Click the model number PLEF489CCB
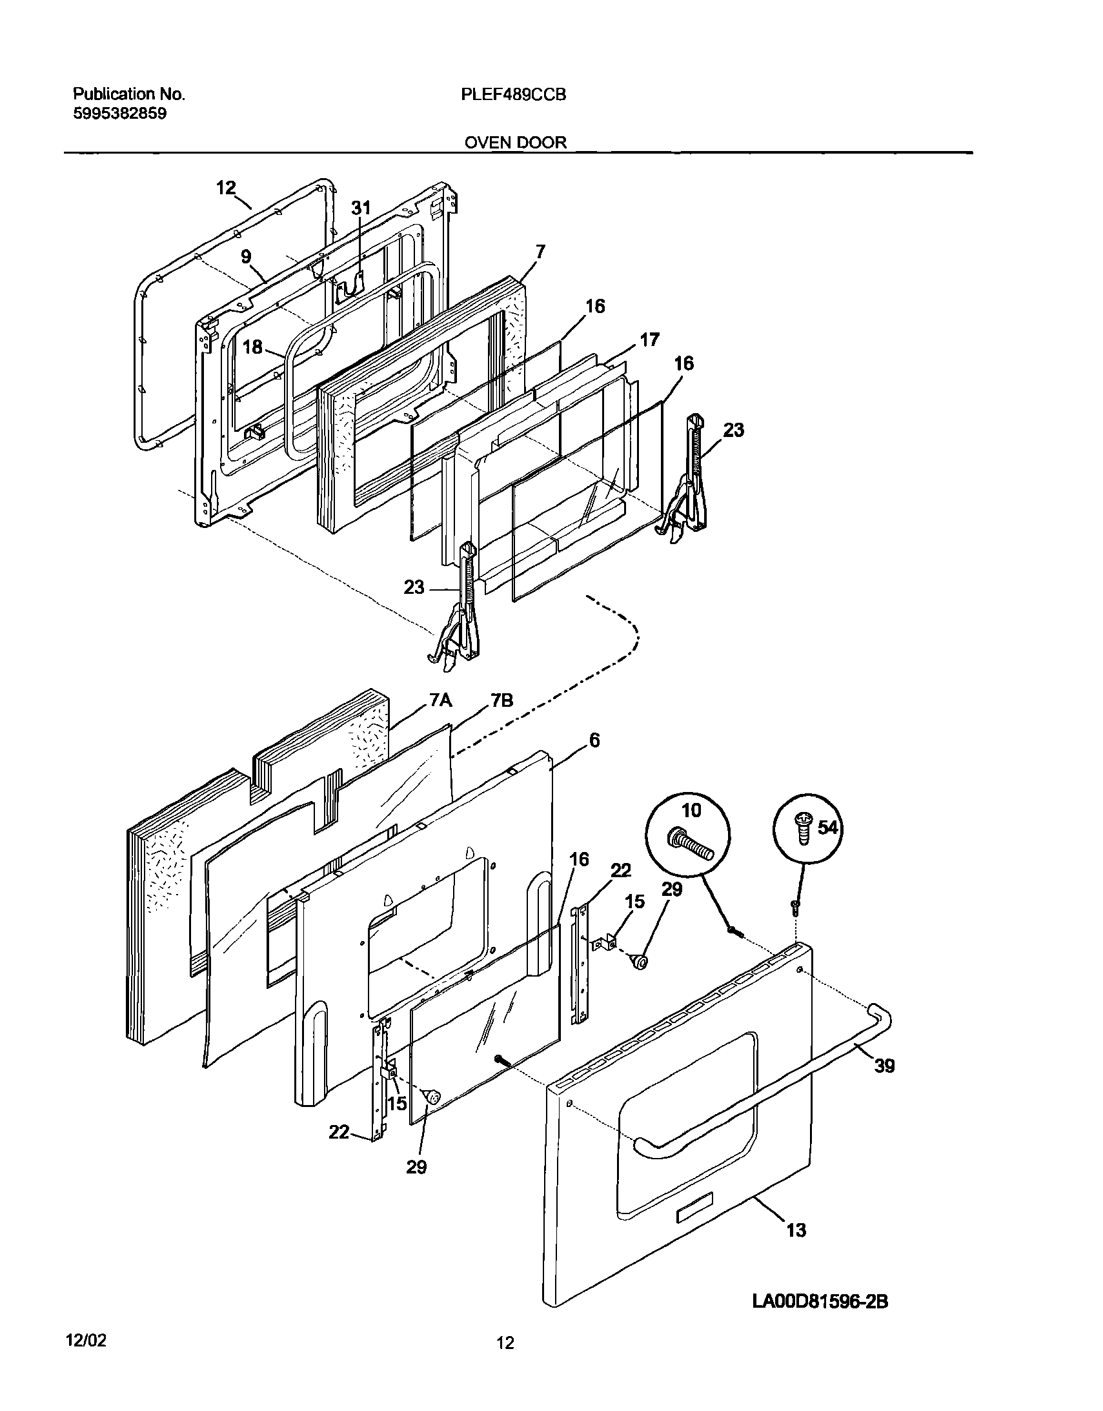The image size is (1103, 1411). pos(514,95)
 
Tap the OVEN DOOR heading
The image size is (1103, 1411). pos(515,142)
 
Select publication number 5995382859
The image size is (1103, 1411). pos(119,114)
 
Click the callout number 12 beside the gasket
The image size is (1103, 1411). pos(225,188)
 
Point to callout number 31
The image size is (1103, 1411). pos(361,208)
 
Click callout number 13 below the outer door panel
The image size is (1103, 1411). pos(796,1231)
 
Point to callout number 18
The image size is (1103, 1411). pos(252,347)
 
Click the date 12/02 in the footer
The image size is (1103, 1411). pos(85,1341)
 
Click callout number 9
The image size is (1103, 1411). pos(246,256)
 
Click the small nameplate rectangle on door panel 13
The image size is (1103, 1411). pos(693,1217)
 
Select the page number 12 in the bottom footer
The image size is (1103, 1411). pos(505,1344)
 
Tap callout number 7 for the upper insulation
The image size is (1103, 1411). pos(540,251)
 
